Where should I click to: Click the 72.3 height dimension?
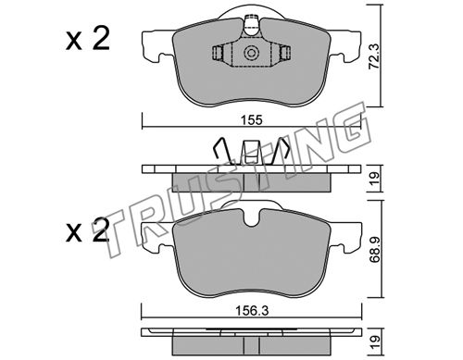[x=375, y=61]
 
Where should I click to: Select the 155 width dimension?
[x=252, y=119]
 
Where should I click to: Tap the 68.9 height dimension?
[x=375, y=249]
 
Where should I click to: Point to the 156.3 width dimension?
[x=252, y=311]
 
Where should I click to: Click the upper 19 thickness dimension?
[x=375, y=178]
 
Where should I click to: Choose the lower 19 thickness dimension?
[x=375, y=341]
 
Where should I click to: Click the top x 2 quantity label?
[x=88, y=39]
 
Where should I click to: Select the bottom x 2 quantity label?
[x=88, y=230]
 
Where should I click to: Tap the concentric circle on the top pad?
[x=251, y=53]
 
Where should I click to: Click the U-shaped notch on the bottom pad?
[x=251, y=218]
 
